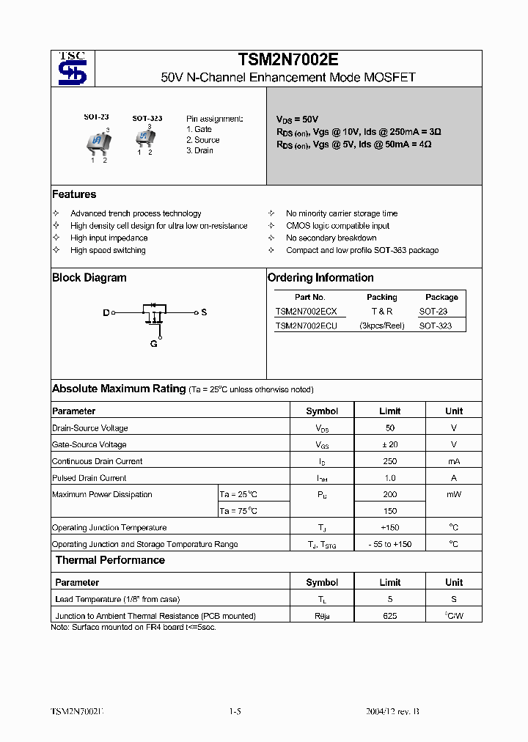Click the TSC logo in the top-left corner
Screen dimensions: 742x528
point(73,69)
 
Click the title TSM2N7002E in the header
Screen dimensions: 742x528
point(287,60)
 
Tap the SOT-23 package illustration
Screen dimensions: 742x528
point(98,142)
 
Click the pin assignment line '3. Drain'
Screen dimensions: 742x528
point(199,150)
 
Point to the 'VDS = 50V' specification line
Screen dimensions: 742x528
point(297,119)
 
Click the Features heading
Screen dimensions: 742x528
point(74,194)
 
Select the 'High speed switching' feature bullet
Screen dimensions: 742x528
point(108,250)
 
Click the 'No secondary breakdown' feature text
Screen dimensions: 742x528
point(331,238)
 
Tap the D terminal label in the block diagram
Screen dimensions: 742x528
point(106,313)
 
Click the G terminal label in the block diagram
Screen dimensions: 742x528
point(154,344)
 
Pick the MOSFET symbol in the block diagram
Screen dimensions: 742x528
point(155,314)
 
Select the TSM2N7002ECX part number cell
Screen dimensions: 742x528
point(307,312)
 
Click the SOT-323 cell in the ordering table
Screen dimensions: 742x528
point(436,326)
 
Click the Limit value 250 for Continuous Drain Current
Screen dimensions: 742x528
point(390,461)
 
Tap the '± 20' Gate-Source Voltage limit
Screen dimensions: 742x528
point(390,444)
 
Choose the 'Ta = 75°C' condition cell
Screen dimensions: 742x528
point(239,511)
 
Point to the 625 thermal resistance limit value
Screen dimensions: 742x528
point(390,616)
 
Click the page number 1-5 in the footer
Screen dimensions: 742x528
point(235,712)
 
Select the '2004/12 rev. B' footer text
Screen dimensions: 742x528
point(392,712)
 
